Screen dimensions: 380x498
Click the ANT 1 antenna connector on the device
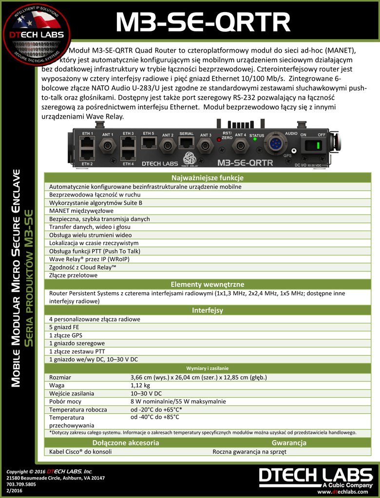[107, 145]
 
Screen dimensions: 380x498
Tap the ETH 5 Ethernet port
[148, 142]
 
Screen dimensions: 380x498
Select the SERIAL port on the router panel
[187, 142]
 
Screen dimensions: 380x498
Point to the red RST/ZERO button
[220, 140]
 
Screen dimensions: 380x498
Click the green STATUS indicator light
[255, 141]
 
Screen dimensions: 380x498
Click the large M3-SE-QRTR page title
[202, 23]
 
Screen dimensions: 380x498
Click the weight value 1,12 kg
[140, 385]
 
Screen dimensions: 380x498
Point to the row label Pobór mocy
[65, 401]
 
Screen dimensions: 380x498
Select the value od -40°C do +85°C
[155, 417]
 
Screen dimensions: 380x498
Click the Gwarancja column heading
[289, 443]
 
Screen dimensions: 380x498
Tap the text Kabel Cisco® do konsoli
[80, 452]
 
